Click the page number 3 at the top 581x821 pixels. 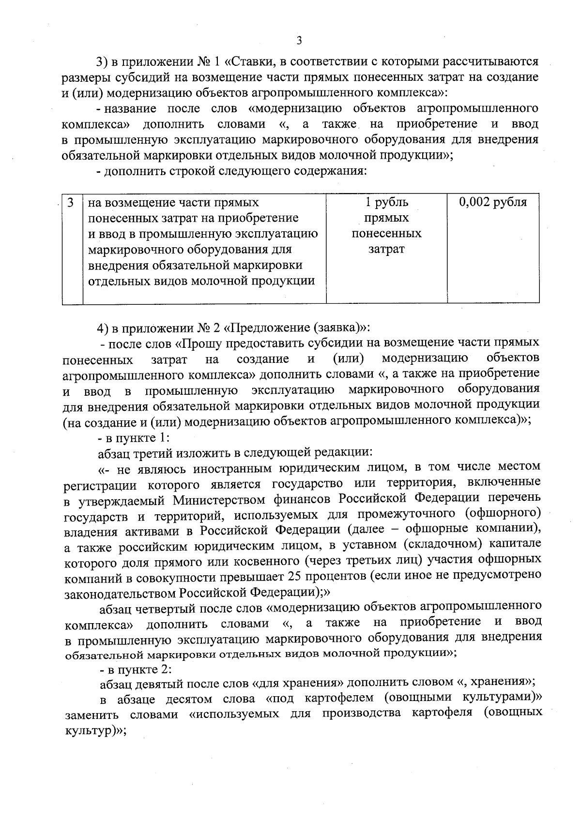(x=299, y=41)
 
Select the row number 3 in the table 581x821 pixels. (x=71, y=202)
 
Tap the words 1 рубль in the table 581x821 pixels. (x=386, y=202)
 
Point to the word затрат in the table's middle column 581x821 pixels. (x=386, y=249)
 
